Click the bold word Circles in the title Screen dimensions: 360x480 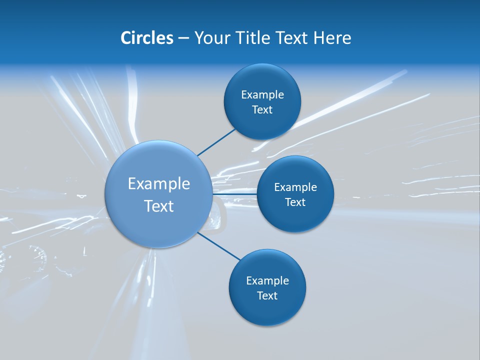(147, 38)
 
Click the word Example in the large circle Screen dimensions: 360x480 (159, 184)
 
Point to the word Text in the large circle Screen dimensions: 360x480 (159, 206)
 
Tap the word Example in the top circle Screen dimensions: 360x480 (262, 95)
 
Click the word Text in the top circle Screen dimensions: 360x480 (262, 110)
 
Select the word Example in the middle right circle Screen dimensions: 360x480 (295, 187)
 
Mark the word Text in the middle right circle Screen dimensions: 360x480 (295, 202)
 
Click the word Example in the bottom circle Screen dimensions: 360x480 (267, 281)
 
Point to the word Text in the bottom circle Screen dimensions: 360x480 (267, 296)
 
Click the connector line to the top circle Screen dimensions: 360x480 (216, 141)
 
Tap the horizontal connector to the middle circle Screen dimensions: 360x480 (235, 194)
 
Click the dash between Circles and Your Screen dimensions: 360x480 (183, 38)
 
